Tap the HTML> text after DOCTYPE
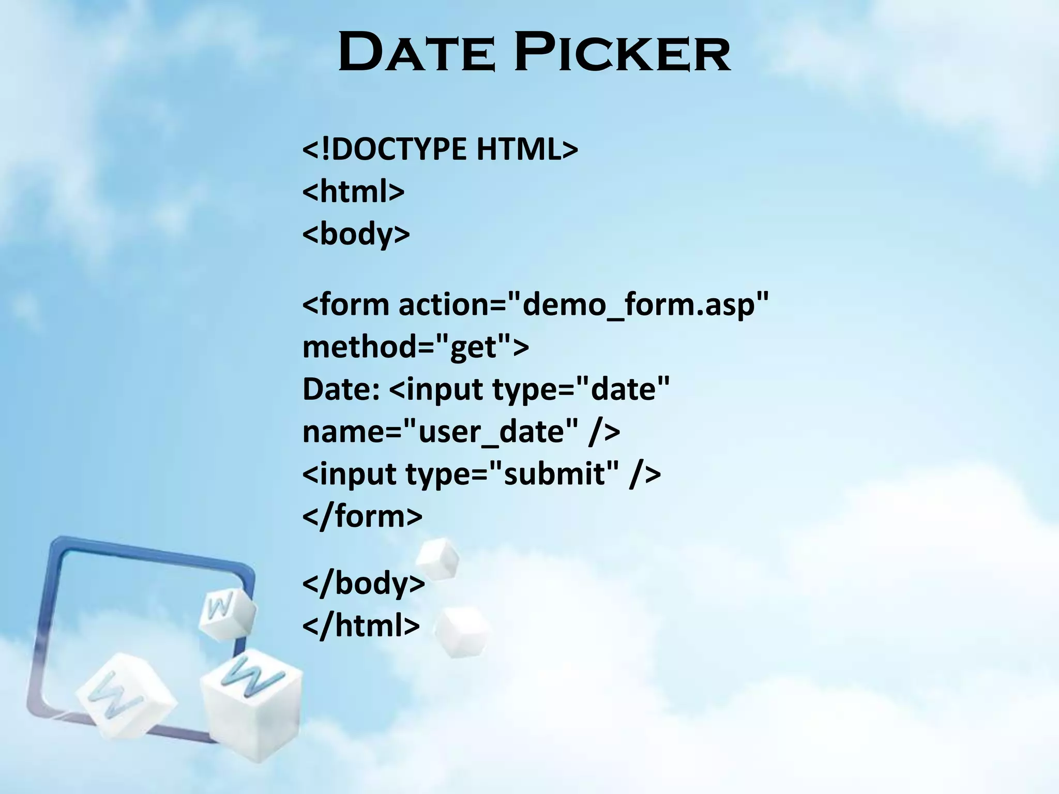pyautogui.click(x=527, y=149)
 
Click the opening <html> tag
pyautogui.click(x=353, y=192)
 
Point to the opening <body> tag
pyautogui.click(x=356, y=234)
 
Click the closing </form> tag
pyautogui.click(x=362, y=516)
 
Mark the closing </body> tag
pyautogui.click(x=363, y=584)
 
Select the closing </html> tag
pyautogui.click(x=360, y=626)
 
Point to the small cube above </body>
pyautogui.click(x=437, y=559)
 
